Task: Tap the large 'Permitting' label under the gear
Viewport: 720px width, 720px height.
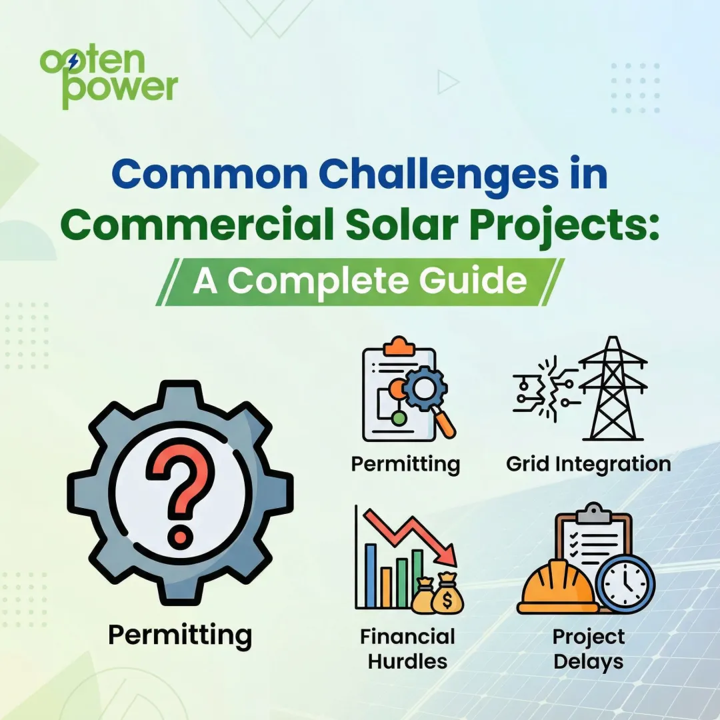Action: (x=180, y=634)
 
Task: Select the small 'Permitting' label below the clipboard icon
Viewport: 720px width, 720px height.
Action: (x=405, y=463)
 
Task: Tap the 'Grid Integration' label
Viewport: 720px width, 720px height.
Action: (x=589, y=463)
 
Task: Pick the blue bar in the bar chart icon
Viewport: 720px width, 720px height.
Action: (x=371, y=573)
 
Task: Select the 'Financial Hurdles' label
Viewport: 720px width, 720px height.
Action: (x=407, y=648)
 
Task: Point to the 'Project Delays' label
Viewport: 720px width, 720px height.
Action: (x=589, y=648)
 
